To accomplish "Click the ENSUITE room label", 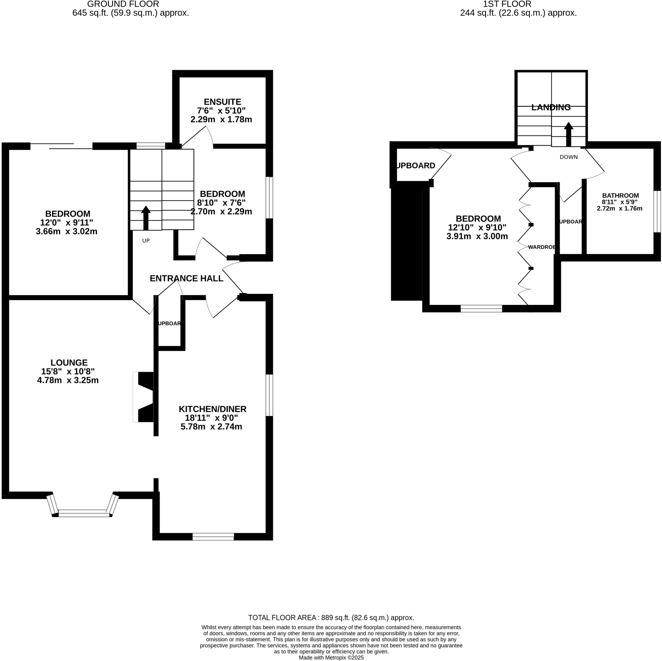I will point(222,102).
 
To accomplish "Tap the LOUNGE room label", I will point(69,363).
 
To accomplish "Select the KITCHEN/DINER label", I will point(212,409).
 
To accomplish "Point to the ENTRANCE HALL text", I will point(187,278).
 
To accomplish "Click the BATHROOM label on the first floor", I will point(620,195).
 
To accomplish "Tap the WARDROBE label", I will point(542,247).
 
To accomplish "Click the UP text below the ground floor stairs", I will point(146,241).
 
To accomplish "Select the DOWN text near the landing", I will point(569,157).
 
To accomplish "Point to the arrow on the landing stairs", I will point(569,134).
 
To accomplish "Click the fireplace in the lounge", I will point(144,397).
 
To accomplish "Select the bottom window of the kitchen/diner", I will point(213,536).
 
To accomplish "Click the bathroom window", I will point(657,211).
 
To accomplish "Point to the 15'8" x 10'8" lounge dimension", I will point(68,371).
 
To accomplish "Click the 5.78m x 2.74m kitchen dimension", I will point(211,427).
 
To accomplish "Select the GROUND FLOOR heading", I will point(123,4).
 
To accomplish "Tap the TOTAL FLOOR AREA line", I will point(331,618).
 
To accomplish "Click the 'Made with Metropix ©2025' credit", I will point(331,657).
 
